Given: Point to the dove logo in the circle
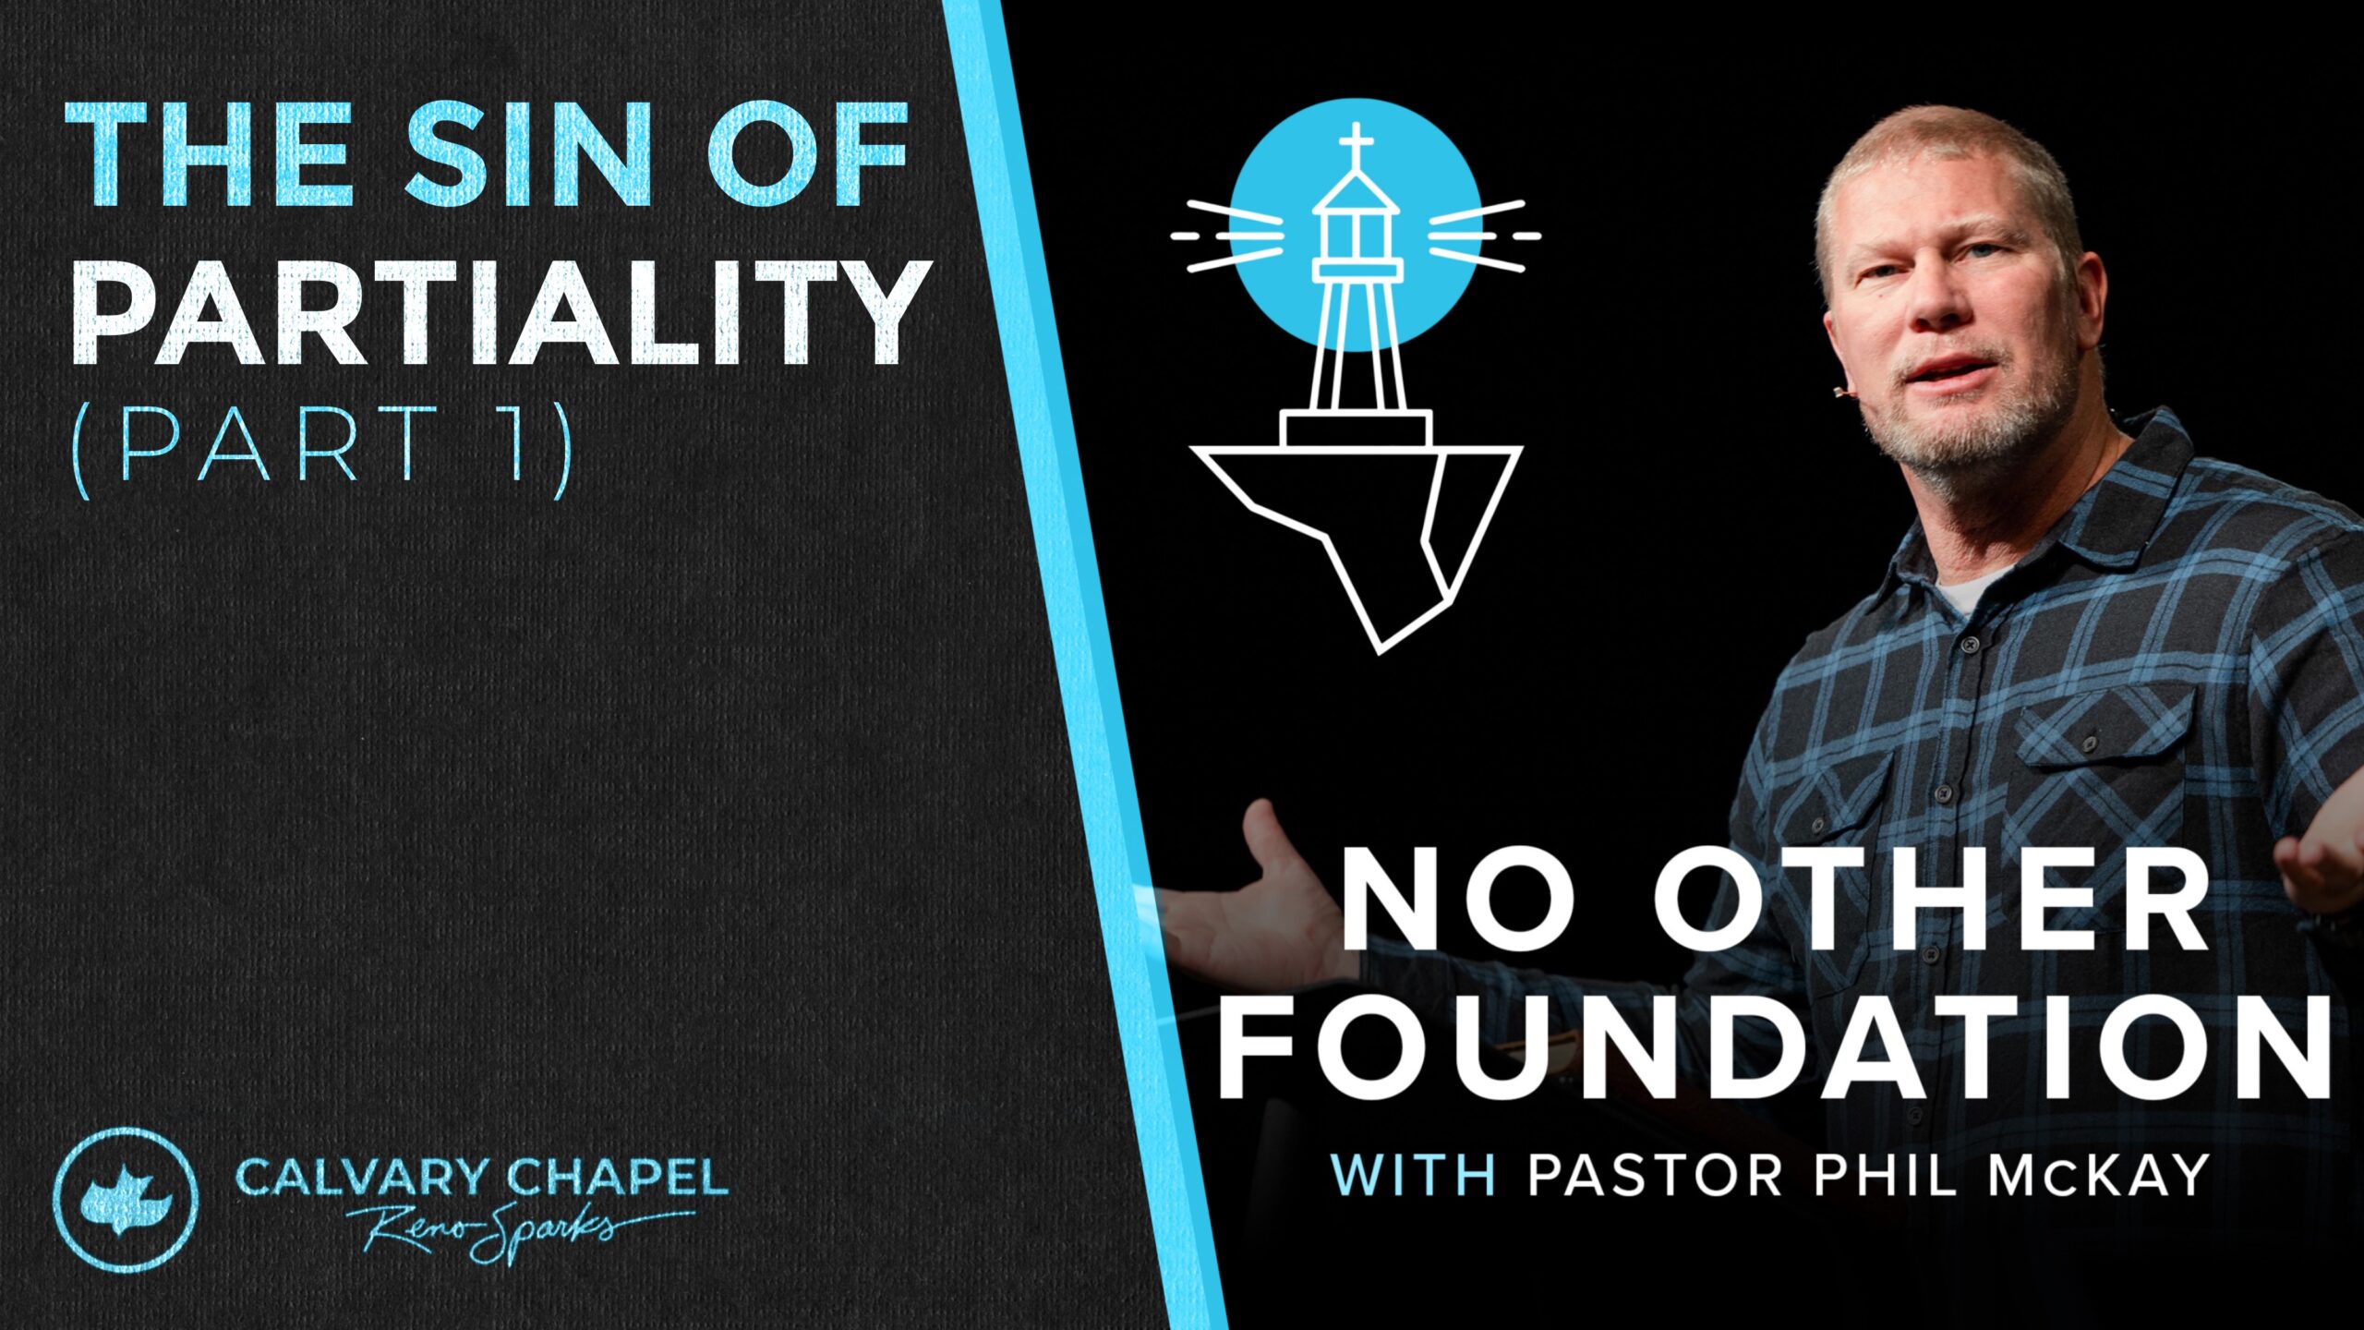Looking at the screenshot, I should [x=125, y=1200].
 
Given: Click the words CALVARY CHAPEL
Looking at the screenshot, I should [x=481, y=1178].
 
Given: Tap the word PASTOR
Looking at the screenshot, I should [x=1654, y=1176].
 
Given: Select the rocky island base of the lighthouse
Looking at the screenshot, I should [x=1357, y=536].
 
